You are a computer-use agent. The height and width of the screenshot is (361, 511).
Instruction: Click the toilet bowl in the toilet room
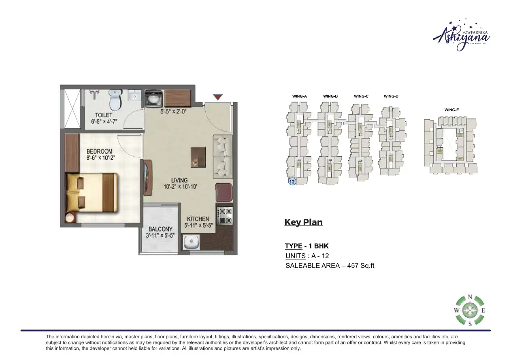[115, 100]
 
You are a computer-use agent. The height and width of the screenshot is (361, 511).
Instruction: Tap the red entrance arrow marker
[218, 97]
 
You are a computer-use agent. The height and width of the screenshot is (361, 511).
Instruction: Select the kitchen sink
[189, 242]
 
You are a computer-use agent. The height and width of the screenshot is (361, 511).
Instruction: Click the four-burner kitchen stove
[225, 216]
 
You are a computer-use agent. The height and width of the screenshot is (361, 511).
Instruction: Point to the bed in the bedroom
[92, 192]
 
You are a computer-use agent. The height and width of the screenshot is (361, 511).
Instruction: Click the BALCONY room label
[160, 229]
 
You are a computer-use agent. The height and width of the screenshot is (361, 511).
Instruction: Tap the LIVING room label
[179, 180]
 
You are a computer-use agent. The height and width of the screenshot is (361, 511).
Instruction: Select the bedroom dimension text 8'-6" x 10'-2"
[101, 158]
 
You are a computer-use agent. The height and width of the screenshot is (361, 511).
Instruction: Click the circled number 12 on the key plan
[292, 182]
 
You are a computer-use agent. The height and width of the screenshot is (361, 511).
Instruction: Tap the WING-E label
[452, 110]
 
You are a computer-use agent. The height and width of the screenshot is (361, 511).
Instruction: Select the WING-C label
[361, 96]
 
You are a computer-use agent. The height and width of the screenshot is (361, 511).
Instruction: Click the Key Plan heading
[304, 222]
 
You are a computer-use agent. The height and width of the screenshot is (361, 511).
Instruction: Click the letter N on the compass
[470, 297]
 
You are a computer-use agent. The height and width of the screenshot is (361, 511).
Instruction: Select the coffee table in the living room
[198, 157]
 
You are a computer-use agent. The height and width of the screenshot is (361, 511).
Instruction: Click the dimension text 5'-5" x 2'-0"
[173, 112]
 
